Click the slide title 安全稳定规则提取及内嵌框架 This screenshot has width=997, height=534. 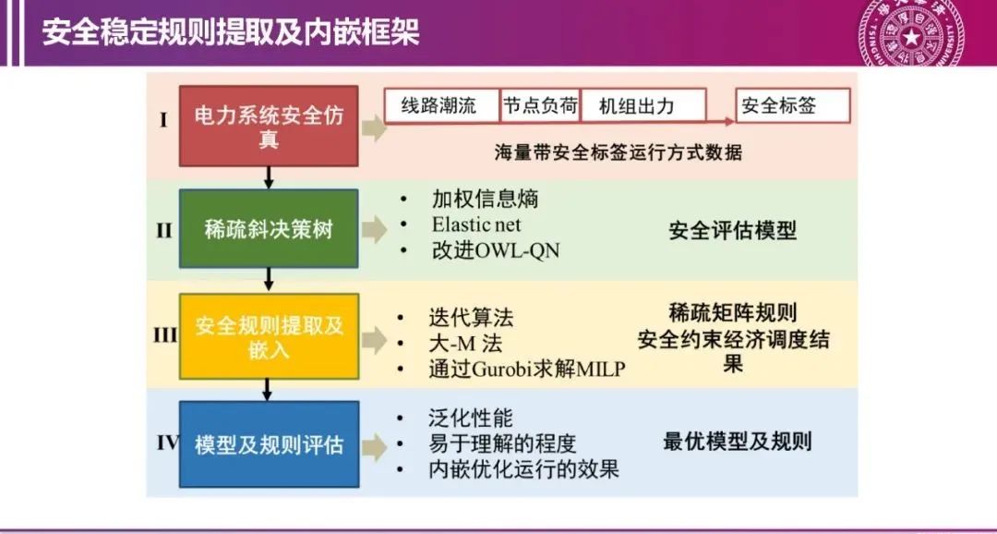click(231, 32)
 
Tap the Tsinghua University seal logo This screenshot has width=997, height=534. click(910, 33)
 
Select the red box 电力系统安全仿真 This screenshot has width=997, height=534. click(269, 126)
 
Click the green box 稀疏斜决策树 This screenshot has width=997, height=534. click(269, 228)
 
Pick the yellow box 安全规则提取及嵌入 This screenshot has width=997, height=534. click(269, 336)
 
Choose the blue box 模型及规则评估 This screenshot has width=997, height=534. click(269, 443)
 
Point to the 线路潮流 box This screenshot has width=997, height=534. click(442, 105)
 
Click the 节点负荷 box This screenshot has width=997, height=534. click(540, 105)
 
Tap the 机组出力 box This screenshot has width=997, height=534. click(643, 105)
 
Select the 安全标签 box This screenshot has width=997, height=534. click(792, 105)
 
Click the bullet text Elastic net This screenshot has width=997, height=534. click(476, 225)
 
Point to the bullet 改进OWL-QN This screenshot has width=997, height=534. click(496, 250)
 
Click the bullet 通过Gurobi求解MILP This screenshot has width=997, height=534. click(527, 370)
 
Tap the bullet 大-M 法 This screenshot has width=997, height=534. click(465, 344)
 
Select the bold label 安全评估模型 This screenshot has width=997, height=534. click(732, 230)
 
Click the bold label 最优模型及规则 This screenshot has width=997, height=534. click(738, 441)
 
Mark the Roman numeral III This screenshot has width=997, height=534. click(164, 335)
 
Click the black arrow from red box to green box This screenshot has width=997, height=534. click(269, 177)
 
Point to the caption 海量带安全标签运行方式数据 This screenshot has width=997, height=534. click(619, 152)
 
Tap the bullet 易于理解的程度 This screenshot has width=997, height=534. click(502, 443)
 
